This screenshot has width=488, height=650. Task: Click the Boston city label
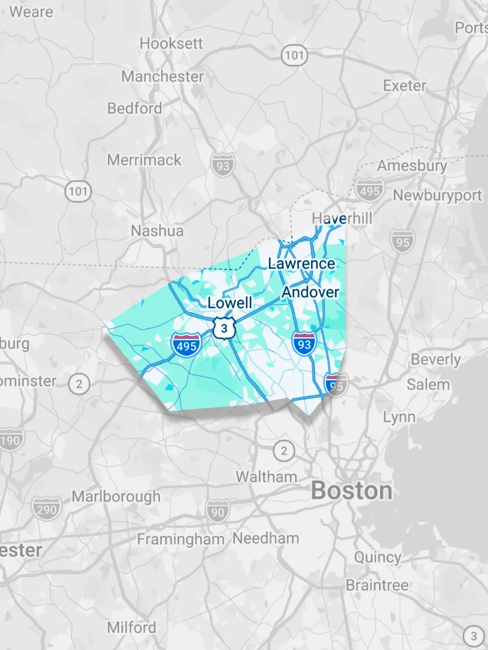tap(351, 490)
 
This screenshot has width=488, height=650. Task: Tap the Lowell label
tap(230, 302)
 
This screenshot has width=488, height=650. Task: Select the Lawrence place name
tap(301, 263)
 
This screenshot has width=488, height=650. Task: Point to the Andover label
tap(310, 292)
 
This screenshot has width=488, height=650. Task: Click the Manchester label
tap(162, 76)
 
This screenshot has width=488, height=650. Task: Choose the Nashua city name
tap(157, 230)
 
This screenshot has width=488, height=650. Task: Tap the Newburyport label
tap(437, 195)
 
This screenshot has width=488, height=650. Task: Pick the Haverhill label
tap(342, 218)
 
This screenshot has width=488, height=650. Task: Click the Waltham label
tap(266, 477)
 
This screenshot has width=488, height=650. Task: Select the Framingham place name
tap(180, 539)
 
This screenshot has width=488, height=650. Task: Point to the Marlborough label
tap(116, 496)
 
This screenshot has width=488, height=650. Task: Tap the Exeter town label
tap(404, 86)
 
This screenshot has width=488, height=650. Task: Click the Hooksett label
tap(171, 43)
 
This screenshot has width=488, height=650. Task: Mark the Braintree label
tap(377, 585)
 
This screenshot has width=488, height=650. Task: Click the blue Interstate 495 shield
tap(186, 345)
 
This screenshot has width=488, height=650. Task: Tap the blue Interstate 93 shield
tap(304, 344)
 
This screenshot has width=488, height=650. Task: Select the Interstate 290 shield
tap(46, 509)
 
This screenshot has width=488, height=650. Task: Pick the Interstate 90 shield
tap(217, 512)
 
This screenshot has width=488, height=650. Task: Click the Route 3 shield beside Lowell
tap(224, 328)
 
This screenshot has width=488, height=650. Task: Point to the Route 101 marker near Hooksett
tap(294, 55)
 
